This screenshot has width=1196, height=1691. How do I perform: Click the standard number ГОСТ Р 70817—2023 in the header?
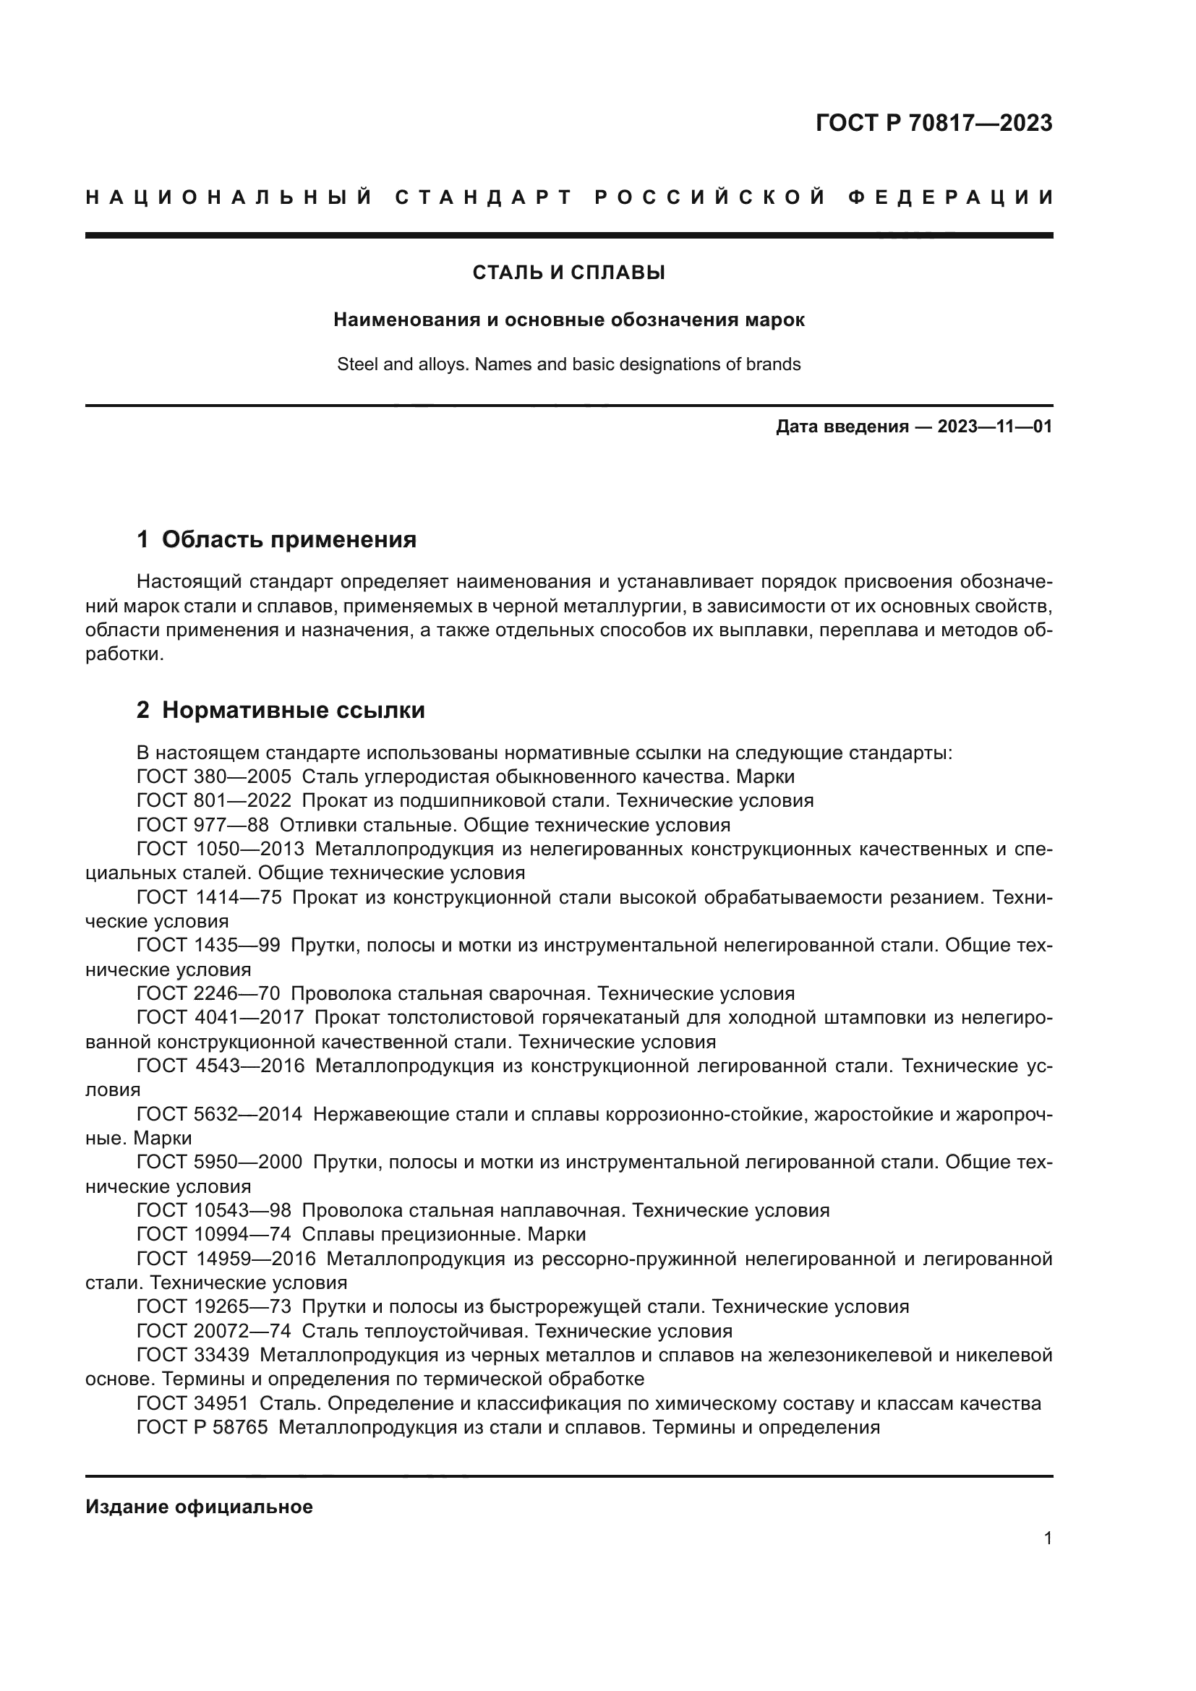pos(933,123)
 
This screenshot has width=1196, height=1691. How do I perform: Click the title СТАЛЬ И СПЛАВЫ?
pos(568,273)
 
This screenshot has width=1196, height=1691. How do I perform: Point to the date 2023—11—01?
pos(994,427)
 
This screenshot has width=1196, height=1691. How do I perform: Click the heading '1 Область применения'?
pos(276,540)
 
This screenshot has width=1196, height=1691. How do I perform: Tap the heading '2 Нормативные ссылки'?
pos(281,710)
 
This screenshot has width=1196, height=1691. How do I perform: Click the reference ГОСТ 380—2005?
pos(213,777)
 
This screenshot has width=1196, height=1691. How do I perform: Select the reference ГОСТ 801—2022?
pos(213,800)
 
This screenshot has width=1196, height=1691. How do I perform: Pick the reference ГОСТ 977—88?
pos(202,825)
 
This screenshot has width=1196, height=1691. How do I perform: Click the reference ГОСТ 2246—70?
pos(208,994)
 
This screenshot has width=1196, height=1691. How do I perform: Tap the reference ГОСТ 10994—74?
pos(213,1234)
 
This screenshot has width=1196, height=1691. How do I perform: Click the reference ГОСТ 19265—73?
pos(213,1306)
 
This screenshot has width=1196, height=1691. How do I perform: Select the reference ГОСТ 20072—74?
pos(213,1331)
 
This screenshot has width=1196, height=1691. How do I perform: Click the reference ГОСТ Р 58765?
pos(202,1427)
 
